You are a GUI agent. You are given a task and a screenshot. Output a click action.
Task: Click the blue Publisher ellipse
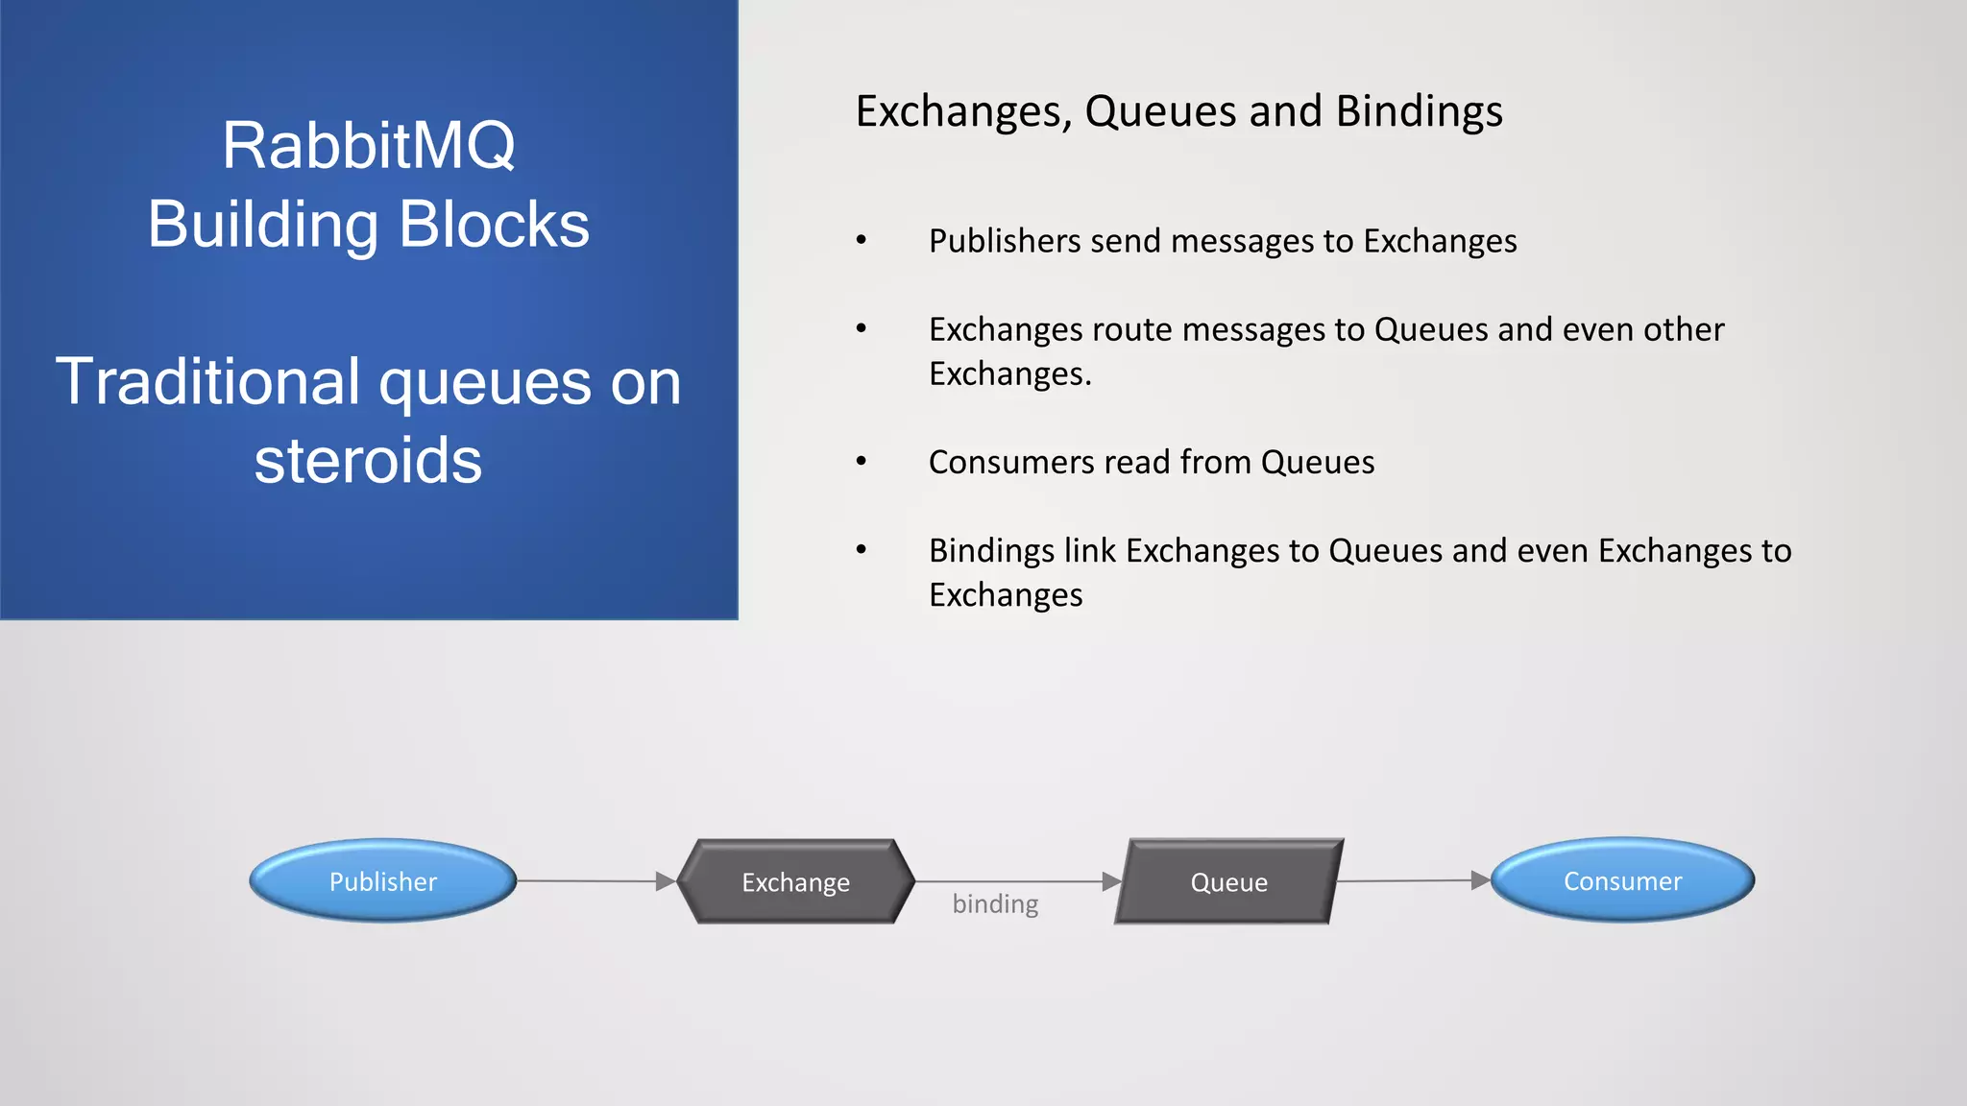382,881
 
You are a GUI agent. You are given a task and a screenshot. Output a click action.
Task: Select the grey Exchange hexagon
795,882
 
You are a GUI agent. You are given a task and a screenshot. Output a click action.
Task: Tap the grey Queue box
1228,882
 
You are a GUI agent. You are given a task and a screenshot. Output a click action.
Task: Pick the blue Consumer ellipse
1622,880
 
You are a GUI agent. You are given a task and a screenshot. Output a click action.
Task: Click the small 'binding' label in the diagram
995,904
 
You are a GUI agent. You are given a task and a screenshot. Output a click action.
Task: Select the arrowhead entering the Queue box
1112,881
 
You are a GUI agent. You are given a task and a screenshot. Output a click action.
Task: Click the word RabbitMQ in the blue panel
369,146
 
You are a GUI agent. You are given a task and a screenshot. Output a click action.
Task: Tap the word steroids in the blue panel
368,461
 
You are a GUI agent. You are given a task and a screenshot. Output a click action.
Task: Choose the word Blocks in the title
494,225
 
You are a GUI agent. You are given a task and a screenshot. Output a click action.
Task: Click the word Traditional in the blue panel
207,382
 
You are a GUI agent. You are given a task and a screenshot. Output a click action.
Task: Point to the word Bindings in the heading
1419,111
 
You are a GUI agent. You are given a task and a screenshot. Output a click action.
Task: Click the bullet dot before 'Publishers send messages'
862,240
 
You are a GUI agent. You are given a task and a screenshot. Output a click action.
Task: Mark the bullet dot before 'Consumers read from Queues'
862,462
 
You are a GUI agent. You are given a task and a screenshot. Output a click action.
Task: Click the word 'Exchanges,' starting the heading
964,112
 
